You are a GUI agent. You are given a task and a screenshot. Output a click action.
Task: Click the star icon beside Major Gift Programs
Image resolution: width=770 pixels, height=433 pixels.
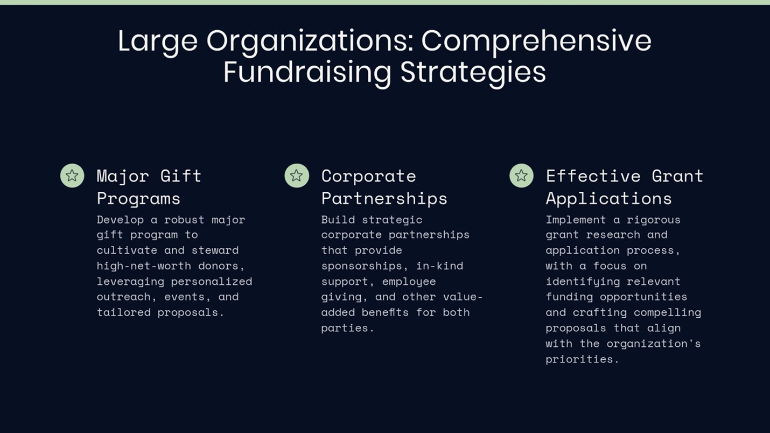(x=72, y=176)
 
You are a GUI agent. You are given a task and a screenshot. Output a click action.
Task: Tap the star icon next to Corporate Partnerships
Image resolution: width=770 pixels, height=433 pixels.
(x=297, y=176)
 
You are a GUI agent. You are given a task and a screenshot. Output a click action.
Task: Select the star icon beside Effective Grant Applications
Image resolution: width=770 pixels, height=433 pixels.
(x=521, y=176)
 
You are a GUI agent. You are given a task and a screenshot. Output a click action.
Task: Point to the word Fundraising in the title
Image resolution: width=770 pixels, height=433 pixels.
(x=307, y=73)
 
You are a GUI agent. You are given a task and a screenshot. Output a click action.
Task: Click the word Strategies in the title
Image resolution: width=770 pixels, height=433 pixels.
(x=473, y=73)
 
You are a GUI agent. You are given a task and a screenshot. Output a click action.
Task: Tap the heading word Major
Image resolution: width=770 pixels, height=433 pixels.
(x=123, y=176)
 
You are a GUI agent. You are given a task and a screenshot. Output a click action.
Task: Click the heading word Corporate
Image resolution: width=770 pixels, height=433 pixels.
(x=368, y=176)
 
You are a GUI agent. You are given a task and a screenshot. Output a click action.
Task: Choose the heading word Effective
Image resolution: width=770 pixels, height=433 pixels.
(x=593, y=176)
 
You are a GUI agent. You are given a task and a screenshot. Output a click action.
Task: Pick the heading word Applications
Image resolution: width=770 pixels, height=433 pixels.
(x=608, y=199)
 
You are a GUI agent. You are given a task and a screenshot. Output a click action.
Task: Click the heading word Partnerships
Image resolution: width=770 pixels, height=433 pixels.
(x=384, y=199)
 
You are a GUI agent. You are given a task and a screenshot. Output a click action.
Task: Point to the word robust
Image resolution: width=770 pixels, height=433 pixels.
(x=184, y=219)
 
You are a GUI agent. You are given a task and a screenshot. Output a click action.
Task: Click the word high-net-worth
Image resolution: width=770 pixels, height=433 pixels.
(x=144, y=266)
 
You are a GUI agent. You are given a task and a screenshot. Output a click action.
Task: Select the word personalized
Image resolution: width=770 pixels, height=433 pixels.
(x=212, y=282)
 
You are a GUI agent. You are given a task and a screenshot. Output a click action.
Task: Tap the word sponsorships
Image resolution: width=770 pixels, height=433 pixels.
(x=365, y=266)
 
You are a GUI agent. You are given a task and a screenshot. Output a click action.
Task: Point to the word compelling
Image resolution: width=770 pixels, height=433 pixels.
(x=667, y=312)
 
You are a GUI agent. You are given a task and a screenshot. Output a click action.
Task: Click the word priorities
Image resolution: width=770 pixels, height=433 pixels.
(x=582, y=359)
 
